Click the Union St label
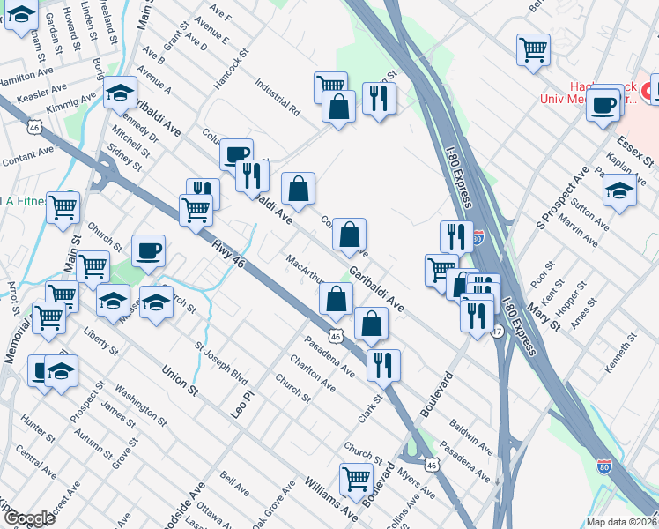pos(179,378)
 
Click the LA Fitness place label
pos(19,202)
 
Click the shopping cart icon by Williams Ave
pos(356,479)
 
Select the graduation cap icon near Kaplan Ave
pos(619,190)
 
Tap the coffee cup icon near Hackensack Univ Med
pos(604,105)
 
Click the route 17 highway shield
pos(498,332)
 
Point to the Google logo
pos(29,518)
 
